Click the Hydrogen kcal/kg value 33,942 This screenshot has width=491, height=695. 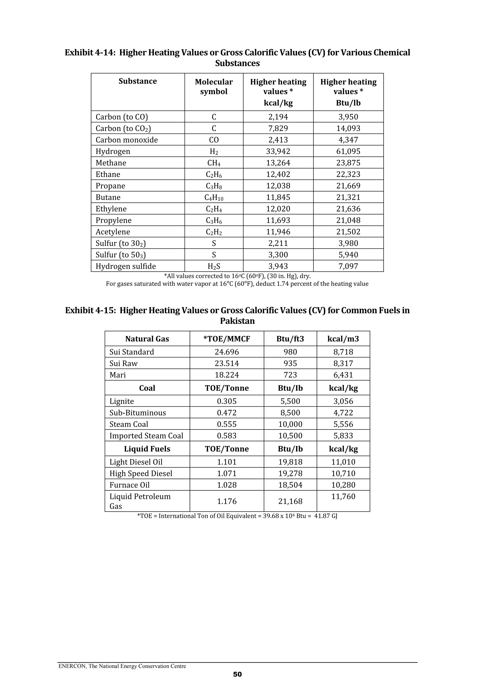(278, 151)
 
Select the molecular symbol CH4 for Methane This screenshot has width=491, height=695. (214, 163)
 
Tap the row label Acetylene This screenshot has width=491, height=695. (113, 232)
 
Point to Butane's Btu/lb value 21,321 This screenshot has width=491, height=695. (348, 197)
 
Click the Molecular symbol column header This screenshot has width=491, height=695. (214, 87)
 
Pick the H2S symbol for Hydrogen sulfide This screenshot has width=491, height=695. (214, 266)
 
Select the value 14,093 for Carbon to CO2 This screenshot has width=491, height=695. (348, 128)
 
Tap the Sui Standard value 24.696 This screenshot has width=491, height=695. (227, 352)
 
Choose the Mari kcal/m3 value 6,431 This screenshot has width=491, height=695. (343, 375)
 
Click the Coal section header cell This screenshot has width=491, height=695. (147, 388)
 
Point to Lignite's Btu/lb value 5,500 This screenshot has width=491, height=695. (290, 401)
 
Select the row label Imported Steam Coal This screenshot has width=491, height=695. (146, 436)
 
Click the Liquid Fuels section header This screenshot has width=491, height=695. (147, 449)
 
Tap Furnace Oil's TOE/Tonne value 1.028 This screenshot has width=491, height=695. (227, 485)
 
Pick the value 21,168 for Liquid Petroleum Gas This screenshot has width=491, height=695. (290, 501)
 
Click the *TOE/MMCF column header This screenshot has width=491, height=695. (227, 339)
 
